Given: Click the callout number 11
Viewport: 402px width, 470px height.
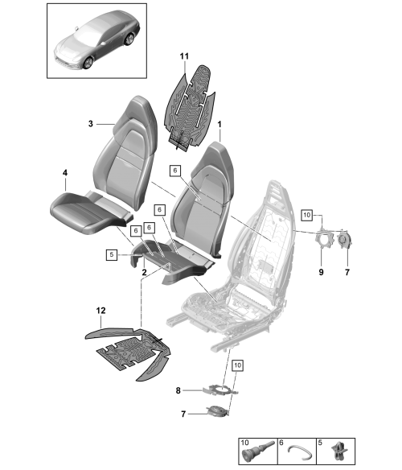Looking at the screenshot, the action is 184,56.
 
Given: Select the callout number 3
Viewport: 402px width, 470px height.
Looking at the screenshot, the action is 91,123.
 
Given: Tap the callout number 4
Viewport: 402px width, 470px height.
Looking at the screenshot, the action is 65,173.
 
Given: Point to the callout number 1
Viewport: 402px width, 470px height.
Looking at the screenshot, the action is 219,124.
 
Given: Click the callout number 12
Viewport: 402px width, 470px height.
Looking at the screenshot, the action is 101,311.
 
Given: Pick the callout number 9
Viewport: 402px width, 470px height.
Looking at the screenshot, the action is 321,272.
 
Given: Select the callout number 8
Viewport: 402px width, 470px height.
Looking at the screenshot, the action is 178,390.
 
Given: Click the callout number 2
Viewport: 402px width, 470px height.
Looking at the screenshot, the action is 145,272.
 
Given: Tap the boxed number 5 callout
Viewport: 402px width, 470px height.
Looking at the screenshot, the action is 112,255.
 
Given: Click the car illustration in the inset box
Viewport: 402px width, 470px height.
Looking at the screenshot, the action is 96,40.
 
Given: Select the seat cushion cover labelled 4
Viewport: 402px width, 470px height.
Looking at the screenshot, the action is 92,211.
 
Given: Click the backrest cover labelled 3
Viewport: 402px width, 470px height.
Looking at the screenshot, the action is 125,151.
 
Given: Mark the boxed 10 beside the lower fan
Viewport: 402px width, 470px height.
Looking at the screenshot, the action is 237,365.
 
